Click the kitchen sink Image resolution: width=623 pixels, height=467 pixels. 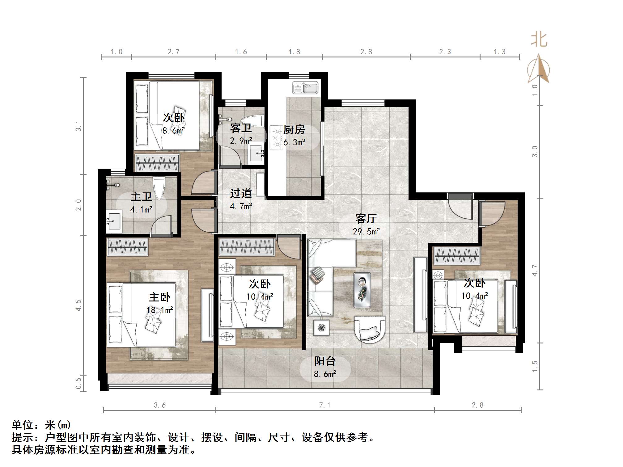point(305,88)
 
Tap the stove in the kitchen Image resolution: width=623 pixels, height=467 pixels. point(276,138)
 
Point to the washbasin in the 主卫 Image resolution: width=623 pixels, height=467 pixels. point(113,221)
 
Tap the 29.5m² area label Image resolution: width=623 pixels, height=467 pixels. point(366,231)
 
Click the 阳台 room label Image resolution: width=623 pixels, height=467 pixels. point(325,361)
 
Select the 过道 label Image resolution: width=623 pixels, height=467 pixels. point(241,193)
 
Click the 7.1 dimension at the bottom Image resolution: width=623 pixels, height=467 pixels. point(325,405)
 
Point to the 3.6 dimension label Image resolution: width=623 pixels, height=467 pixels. point(160,405)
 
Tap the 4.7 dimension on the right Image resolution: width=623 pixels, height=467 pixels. point(535,271)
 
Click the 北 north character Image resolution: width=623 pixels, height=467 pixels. point(539,40)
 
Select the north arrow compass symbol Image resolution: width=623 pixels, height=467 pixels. point(539,69)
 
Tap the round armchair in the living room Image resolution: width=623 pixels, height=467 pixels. point(370,329)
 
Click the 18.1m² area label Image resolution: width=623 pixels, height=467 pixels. point(160,310)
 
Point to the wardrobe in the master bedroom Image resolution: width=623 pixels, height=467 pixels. point(127,247)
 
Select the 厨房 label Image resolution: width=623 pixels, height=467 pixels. point(294,130)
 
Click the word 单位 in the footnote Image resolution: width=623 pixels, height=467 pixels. point(23,425)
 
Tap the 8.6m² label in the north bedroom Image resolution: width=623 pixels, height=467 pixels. point(174,131)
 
